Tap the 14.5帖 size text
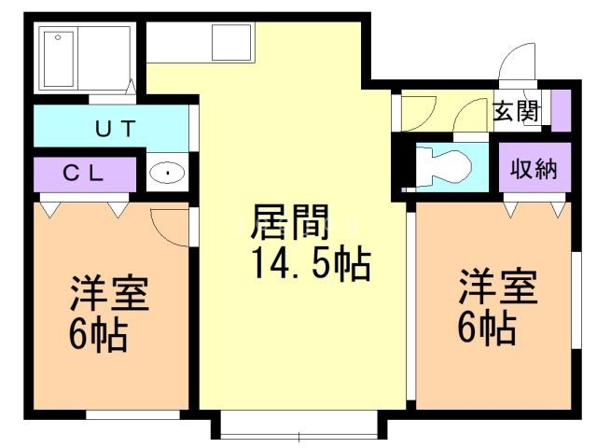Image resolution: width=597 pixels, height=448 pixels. tap(310, 265)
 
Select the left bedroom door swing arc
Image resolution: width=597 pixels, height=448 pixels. tap(171, 224)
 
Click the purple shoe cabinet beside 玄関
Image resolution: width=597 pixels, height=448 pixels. tap(560, 110)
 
